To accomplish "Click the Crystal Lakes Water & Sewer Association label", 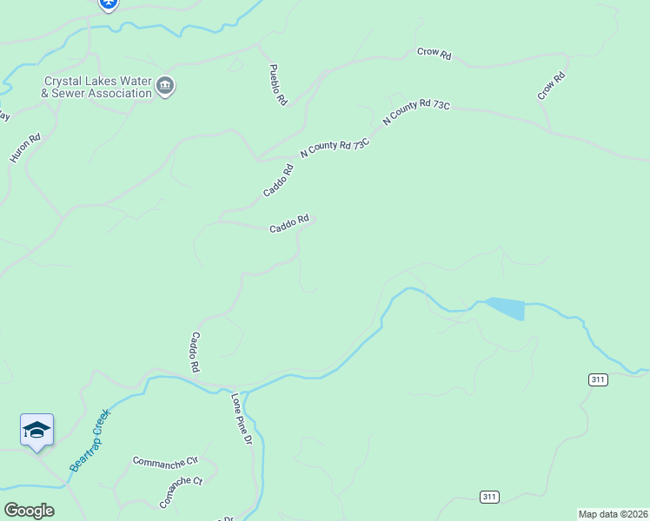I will [97, 87].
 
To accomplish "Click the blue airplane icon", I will [109, 3].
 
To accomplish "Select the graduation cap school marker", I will [36, 430].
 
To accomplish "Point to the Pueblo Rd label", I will [277, 84].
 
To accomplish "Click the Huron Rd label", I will [24, 148].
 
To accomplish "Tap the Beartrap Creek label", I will [91, 440].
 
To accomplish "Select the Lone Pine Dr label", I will [242, 420].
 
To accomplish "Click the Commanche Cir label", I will [166, 460].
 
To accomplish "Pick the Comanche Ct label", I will [181, 491].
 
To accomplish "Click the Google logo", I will [29, 511].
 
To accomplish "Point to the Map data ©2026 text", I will [614, 514].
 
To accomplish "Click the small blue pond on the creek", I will [507, 307].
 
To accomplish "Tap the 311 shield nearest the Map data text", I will [489, 496].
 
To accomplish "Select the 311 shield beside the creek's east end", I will [597, 379].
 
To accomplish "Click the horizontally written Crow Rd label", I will [434, 54].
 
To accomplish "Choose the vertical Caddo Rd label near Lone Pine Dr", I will [196, 353].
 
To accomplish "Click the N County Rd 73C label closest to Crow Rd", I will [416, 115].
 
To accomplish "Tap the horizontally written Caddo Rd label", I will [289, 224].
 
